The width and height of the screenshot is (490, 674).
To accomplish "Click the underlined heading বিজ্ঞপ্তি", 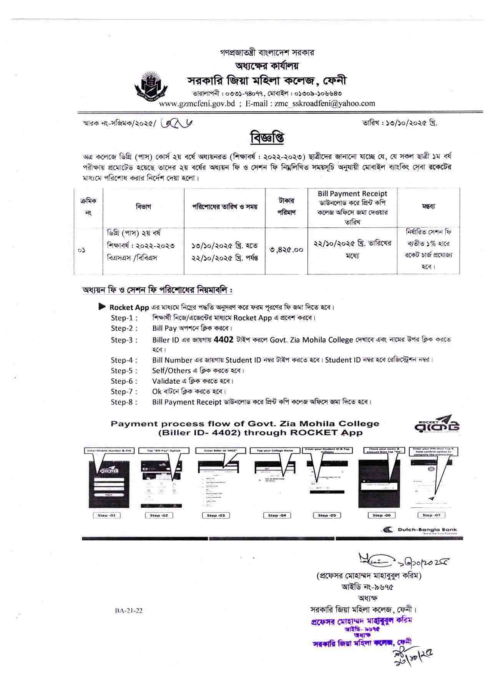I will (x=267, y=137).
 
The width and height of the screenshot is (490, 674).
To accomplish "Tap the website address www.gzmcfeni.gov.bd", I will (x=197, y=103).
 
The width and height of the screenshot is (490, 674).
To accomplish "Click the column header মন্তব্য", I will (x=428, y=206).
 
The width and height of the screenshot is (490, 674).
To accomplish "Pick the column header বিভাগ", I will (x=143, y=207).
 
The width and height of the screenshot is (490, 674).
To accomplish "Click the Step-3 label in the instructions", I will (x=124, y=340).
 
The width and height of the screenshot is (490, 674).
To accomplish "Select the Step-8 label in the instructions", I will (x=124, y=402).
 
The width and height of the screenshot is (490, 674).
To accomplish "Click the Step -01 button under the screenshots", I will (x=106, y=515).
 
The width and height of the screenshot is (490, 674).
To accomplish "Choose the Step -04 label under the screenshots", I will (x=277, y=515).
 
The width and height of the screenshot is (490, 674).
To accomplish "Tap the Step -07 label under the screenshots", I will (x=433, y=515).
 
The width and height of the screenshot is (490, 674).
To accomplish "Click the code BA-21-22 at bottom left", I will (x=128, y=611).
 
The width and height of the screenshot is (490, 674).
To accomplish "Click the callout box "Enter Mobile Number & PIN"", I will (x=109, y=450).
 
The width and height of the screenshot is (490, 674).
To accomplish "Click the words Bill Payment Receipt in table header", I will (x=352, y=194).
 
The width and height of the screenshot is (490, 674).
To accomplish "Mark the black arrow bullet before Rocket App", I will (x=102, y=307).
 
